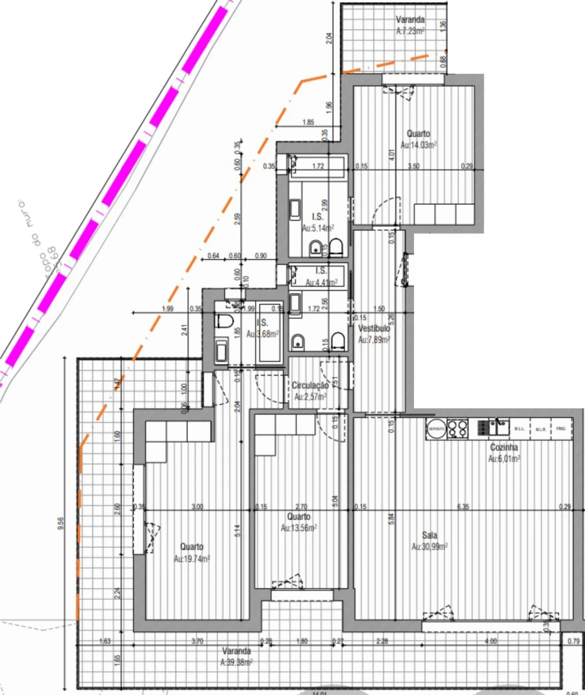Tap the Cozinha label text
(x=503, y=448)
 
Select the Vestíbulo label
(x=374, y=329)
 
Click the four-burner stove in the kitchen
(x=458, y=428)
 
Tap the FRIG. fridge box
(x=560, y=428)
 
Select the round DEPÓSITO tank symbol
(x=435, y=428)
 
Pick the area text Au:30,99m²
(x=430, y=547)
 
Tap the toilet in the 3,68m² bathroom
(x=222, y=321)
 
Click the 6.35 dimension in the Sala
(x=463, y=506)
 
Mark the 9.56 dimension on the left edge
(x=61, y=523)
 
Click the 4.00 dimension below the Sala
(x=491, y=641)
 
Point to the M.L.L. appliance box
(x=519, y=429)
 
